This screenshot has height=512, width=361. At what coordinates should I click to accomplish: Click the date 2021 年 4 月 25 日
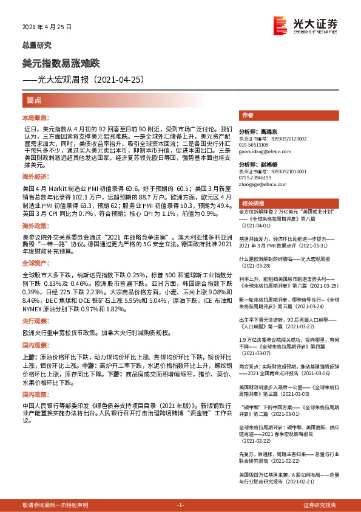pyautogui.click(x=47, y=27)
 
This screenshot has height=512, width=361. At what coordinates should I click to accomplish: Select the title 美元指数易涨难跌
pyautogui.click(x=65, y=63)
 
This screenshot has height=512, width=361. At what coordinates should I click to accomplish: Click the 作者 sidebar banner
pyautogui.click(x=248, y=115)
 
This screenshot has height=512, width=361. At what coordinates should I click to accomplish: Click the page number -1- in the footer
pyautogui.click(x=180, y=505)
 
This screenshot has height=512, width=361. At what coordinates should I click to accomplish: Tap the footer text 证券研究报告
pyautogui.click(x=320, y=505)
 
